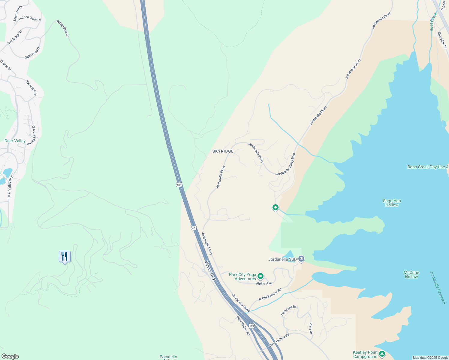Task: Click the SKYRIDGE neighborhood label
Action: pyautogui.click(x=223, y=151)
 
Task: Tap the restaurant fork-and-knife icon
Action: pyautogui.click(x=65, y=256)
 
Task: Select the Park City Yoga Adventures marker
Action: pyautogui.click(x=261, y=276)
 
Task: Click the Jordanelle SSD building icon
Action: pyautogui.click(x=301, y=259)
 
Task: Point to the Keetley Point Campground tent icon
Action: pyautogui.click(x=382, y=354)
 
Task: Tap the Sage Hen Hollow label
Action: pyautogui.click(x=392, y=203)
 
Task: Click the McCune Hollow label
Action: pyautogui.click(x=411, y=274)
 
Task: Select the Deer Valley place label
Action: pyautogui.click(x=15, y=141)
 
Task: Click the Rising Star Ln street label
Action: pyautogui.click(x=63, y=28)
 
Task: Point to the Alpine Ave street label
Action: pyautogui.click(x=264, y=283)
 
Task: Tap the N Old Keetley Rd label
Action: pyautogui.click(x=270, y=294)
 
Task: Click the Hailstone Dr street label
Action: pyautogui.click(x=288, y=310)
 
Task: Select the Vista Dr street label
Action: pyautogui.click(x=311, y=328)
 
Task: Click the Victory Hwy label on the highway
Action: pyautogui.click(x=210, y=271)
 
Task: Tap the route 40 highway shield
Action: pyautogui.click(x=194, y=228)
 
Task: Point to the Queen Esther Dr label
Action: pyautogui.click(x=31, y=135)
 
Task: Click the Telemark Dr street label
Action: pyautogui.click(x=31, y=88)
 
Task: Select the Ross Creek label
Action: pyautogui.click(x=433, y=22)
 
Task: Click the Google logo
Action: pyautogui.click(x=10, y=356)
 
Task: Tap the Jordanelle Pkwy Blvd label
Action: pyautogui.click(x=286, y=164)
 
